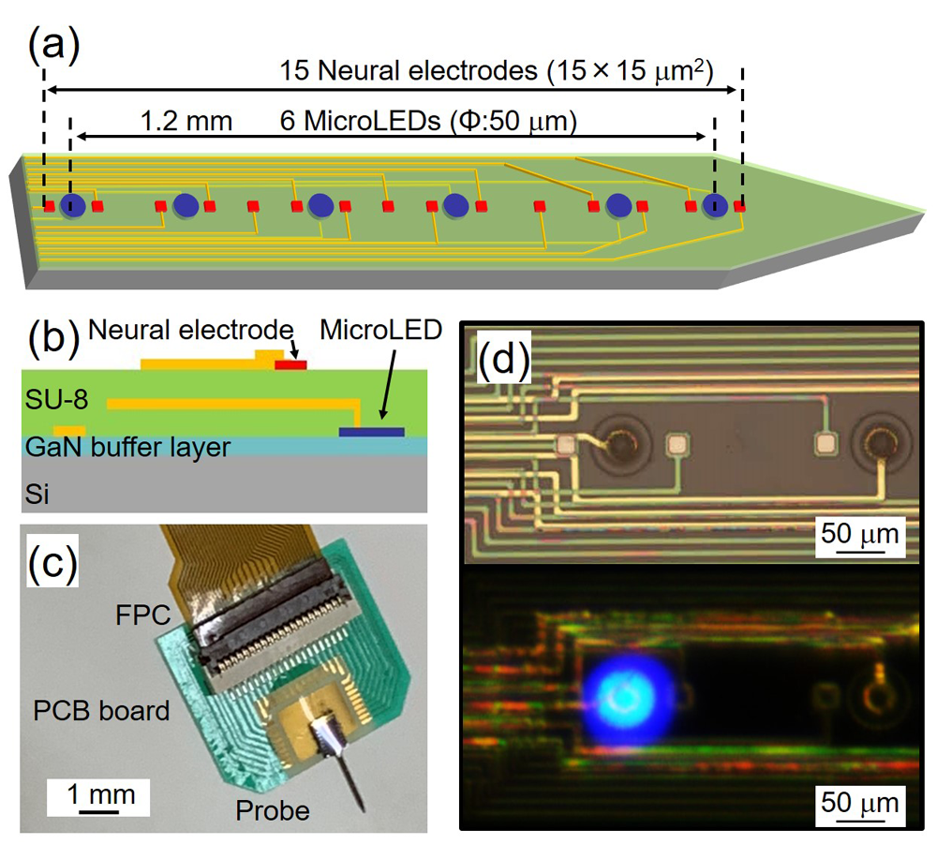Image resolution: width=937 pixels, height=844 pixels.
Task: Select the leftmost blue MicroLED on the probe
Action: (71, 206)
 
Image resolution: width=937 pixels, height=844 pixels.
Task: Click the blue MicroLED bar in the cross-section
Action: (372, 432)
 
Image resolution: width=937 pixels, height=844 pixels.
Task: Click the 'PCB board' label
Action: (102, 711)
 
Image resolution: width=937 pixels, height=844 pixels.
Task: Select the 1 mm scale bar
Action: (98, 810)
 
